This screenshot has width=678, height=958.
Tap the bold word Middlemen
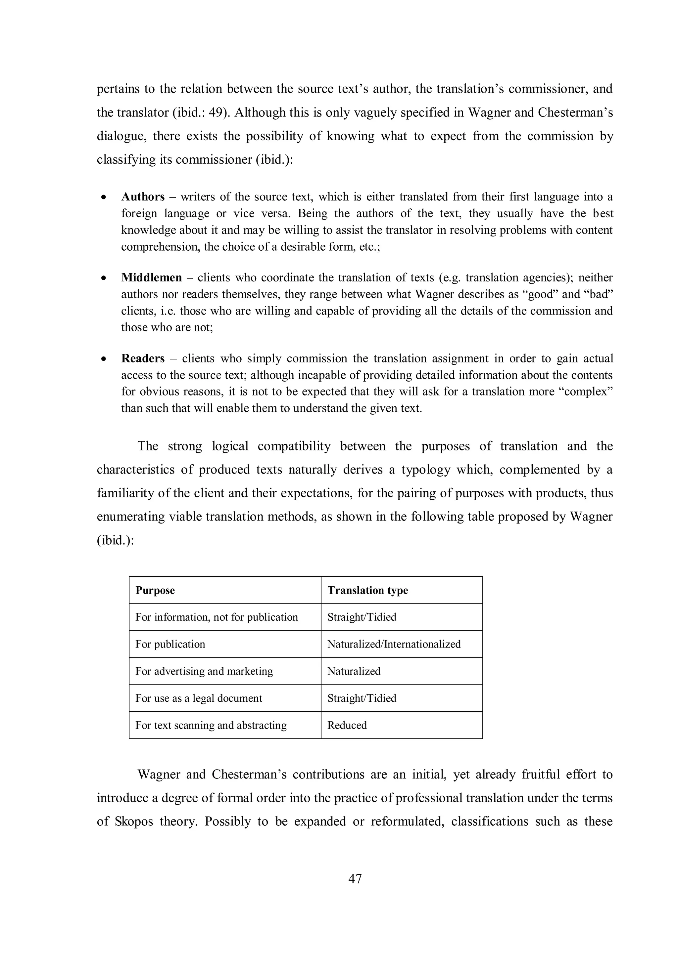point(152,277)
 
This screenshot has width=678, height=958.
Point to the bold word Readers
point(143,358)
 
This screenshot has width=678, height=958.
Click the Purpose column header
point(155,590)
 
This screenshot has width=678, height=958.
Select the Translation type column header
point(367,590)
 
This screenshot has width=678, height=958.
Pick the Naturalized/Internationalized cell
point(394,644)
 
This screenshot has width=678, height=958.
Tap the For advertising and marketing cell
point(204,671)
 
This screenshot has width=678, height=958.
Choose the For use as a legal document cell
point(199,698)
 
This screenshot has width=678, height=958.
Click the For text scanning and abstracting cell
point(211,725)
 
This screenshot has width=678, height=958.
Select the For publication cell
point(170,644)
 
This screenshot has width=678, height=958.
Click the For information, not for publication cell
point(217,617)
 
